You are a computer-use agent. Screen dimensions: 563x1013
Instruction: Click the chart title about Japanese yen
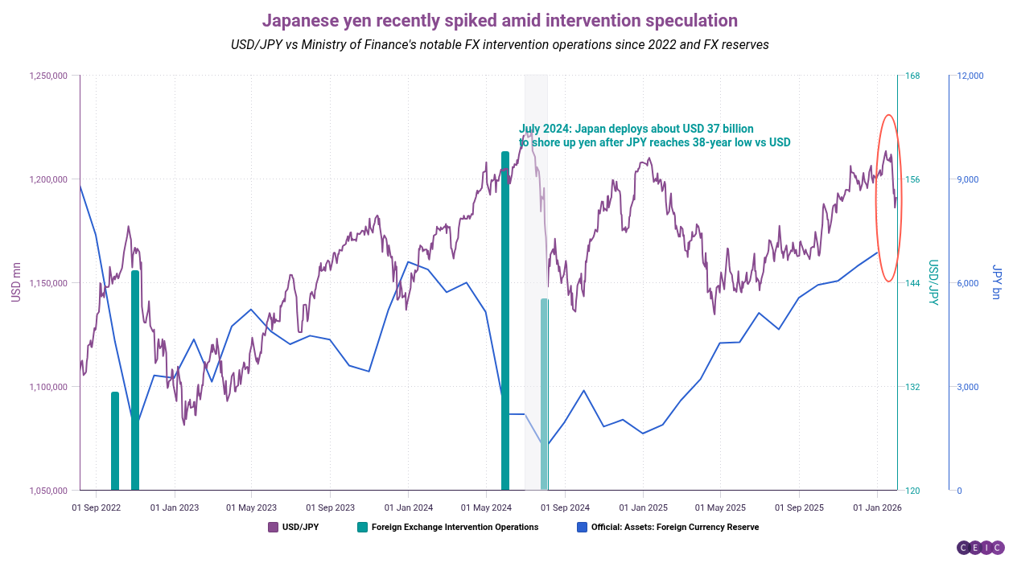(x=500, y=20)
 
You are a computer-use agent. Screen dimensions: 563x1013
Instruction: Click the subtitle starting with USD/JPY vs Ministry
(x=500, y=44)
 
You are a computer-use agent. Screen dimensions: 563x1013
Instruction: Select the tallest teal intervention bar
(x=505, y=322)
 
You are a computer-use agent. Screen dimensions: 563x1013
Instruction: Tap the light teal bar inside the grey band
(x=544, y=394)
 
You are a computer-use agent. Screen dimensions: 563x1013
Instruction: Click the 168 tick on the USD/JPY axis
(x=912, y=76)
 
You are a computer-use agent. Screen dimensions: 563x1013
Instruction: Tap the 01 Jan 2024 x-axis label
(x=408, y=508)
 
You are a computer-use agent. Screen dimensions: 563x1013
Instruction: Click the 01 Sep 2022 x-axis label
(x=96, y=508)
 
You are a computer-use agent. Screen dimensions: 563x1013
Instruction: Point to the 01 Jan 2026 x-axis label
(x=877, y=508)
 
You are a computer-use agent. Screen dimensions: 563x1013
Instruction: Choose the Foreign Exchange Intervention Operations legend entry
(x=447, y=528)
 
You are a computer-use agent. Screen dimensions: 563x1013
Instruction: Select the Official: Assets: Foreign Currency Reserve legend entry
(x=668, y=528)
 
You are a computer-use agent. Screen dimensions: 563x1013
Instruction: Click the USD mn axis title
(x=15, y=282)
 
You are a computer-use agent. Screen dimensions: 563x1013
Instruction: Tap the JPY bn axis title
(x=997, y=282)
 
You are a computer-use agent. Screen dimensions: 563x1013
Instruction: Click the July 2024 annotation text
(x=654, y=135)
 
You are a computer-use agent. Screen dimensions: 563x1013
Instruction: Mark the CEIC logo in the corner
(x=980, y=548)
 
